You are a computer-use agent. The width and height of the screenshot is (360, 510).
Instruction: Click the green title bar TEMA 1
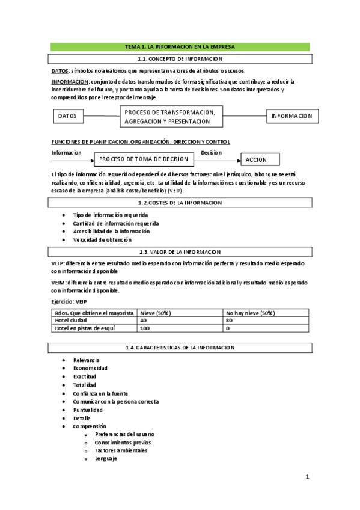tap(180, 46)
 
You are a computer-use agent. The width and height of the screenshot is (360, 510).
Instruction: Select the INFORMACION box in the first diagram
tap(292, 115)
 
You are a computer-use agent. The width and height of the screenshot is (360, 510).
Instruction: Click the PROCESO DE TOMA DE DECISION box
tap(143, 159)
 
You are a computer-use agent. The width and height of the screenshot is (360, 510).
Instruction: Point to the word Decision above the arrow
tap(211, 153)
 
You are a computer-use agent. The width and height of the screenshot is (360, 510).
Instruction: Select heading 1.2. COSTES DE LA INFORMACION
tap(180, 203)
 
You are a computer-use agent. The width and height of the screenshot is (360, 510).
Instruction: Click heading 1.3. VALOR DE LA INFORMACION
tap(180, 252)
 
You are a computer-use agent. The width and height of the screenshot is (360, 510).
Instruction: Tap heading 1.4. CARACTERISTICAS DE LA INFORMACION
tap(180, 348)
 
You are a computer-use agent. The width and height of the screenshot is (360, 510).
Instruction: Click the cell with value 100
tap(145, 328)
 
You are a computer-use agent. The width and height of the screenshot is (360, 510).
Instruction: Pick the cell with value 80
tap(230, 321)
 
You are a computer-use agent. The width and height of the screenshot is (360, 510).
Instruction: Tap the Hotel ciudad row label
tap(71, 321)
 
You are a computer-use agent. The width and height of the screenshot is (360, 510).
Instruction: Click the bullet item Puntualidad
tap(88, 410)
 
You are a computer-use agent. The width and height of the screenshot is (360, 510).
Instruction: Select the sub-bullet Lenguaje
tap(106, 459)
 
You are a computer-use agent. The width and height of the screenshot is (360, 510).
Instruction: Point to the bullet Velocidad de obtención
tap(102, 240)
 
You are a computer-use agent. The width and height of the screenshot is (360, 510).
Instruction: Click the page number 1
tap(307, 478)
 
